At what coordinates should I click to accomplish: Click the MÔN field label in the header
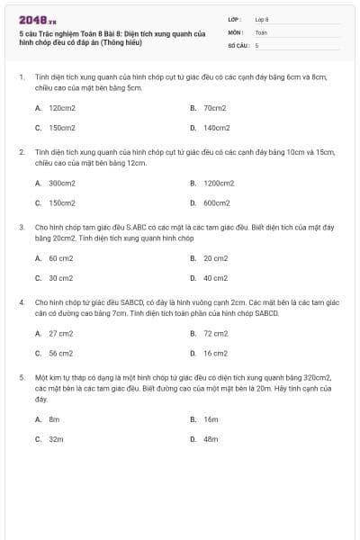(x=236, y=31)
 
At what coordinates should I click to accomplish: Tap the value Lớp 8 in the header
(x=262, y=19)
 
